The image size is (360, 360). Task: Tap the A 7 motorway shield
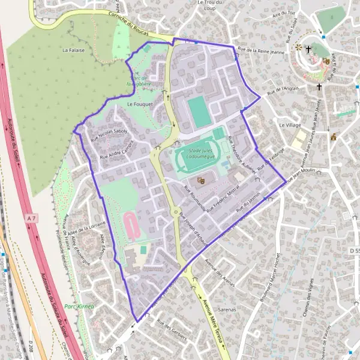click(32, 220)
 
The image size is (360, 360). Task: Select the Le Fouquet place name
click(140, 103)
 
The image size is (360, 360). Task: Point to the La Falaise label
click(73, 50)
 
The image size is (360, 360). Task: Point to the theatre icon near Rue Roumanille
click(200, 179)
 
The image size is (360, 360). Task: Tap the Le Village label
click(290, 125)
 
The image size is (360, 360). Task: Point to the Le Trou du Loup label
click(210, 5)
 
